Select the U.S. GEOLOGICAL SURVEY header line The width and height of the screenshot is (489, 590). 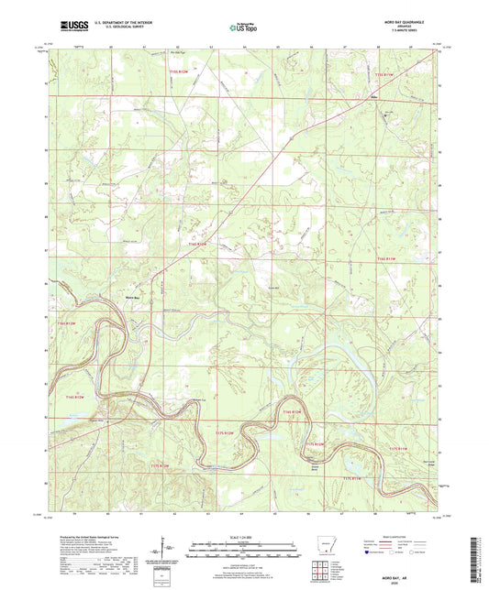(119, 29)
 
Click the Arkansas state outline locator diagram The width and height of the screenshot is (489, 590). (328, 548)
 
